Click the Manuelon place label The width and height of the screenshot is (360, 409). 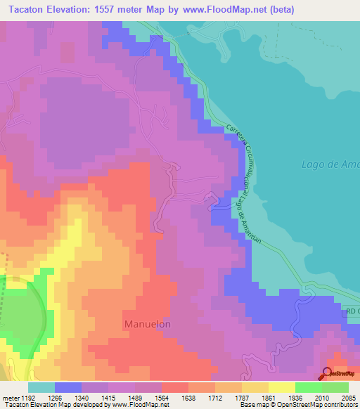coord(148,324)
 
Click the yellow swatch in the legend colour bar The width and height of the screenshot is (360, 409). coord(281,387)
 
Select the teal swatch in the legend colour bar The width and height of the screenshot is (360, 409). coord(41,387)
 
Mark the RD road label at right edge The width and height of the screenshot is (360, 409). coord(352,311)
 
